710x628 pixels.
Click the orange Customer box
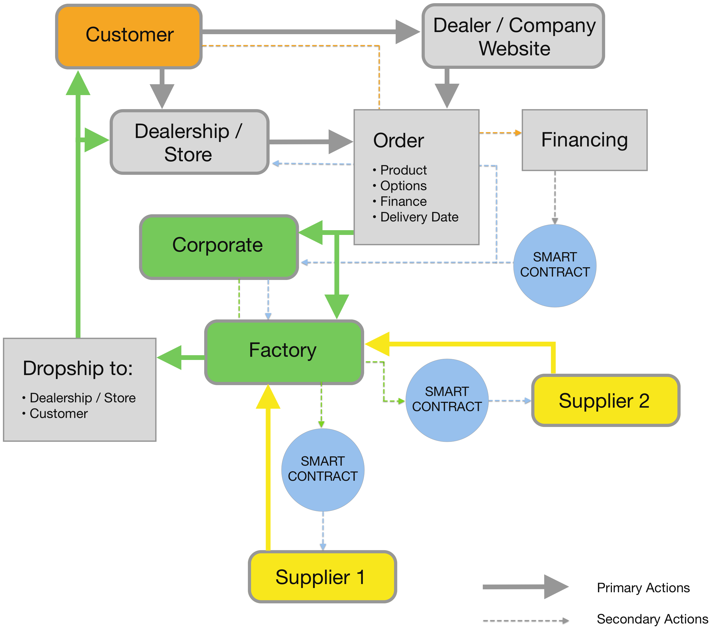pyautogui.click(x=129, y=36)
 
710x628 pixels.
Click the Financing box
pyautogui.click(x=584, y=140)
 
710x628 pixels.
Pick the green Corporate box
pyautogui.click(x=219, y=246)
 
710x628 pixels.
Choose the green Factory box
pyautogui.click(x=284, y=351)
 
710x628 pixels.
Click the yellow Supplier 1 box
pyautogui.click(x=322, y=577)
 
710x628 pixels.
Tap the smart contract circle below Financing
pyautogui.click(x=555, y=266)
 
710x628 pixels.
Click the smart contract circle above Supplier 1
pyautogui.click(x=323, y=470)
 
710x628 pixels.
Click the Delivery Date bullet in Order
pyautogui.click(x=419, y=217)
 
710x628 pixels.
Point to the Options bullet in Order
pyautogui.click(x=403, y=186)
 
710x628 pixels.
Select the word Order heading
pyautogui.click(x=398, y=141)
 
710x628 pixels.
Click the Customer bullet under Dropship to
pyautogui.click(x=58, y=414)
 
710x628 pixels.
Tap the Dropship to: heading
pyautogui.click(x=78, y=368)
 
